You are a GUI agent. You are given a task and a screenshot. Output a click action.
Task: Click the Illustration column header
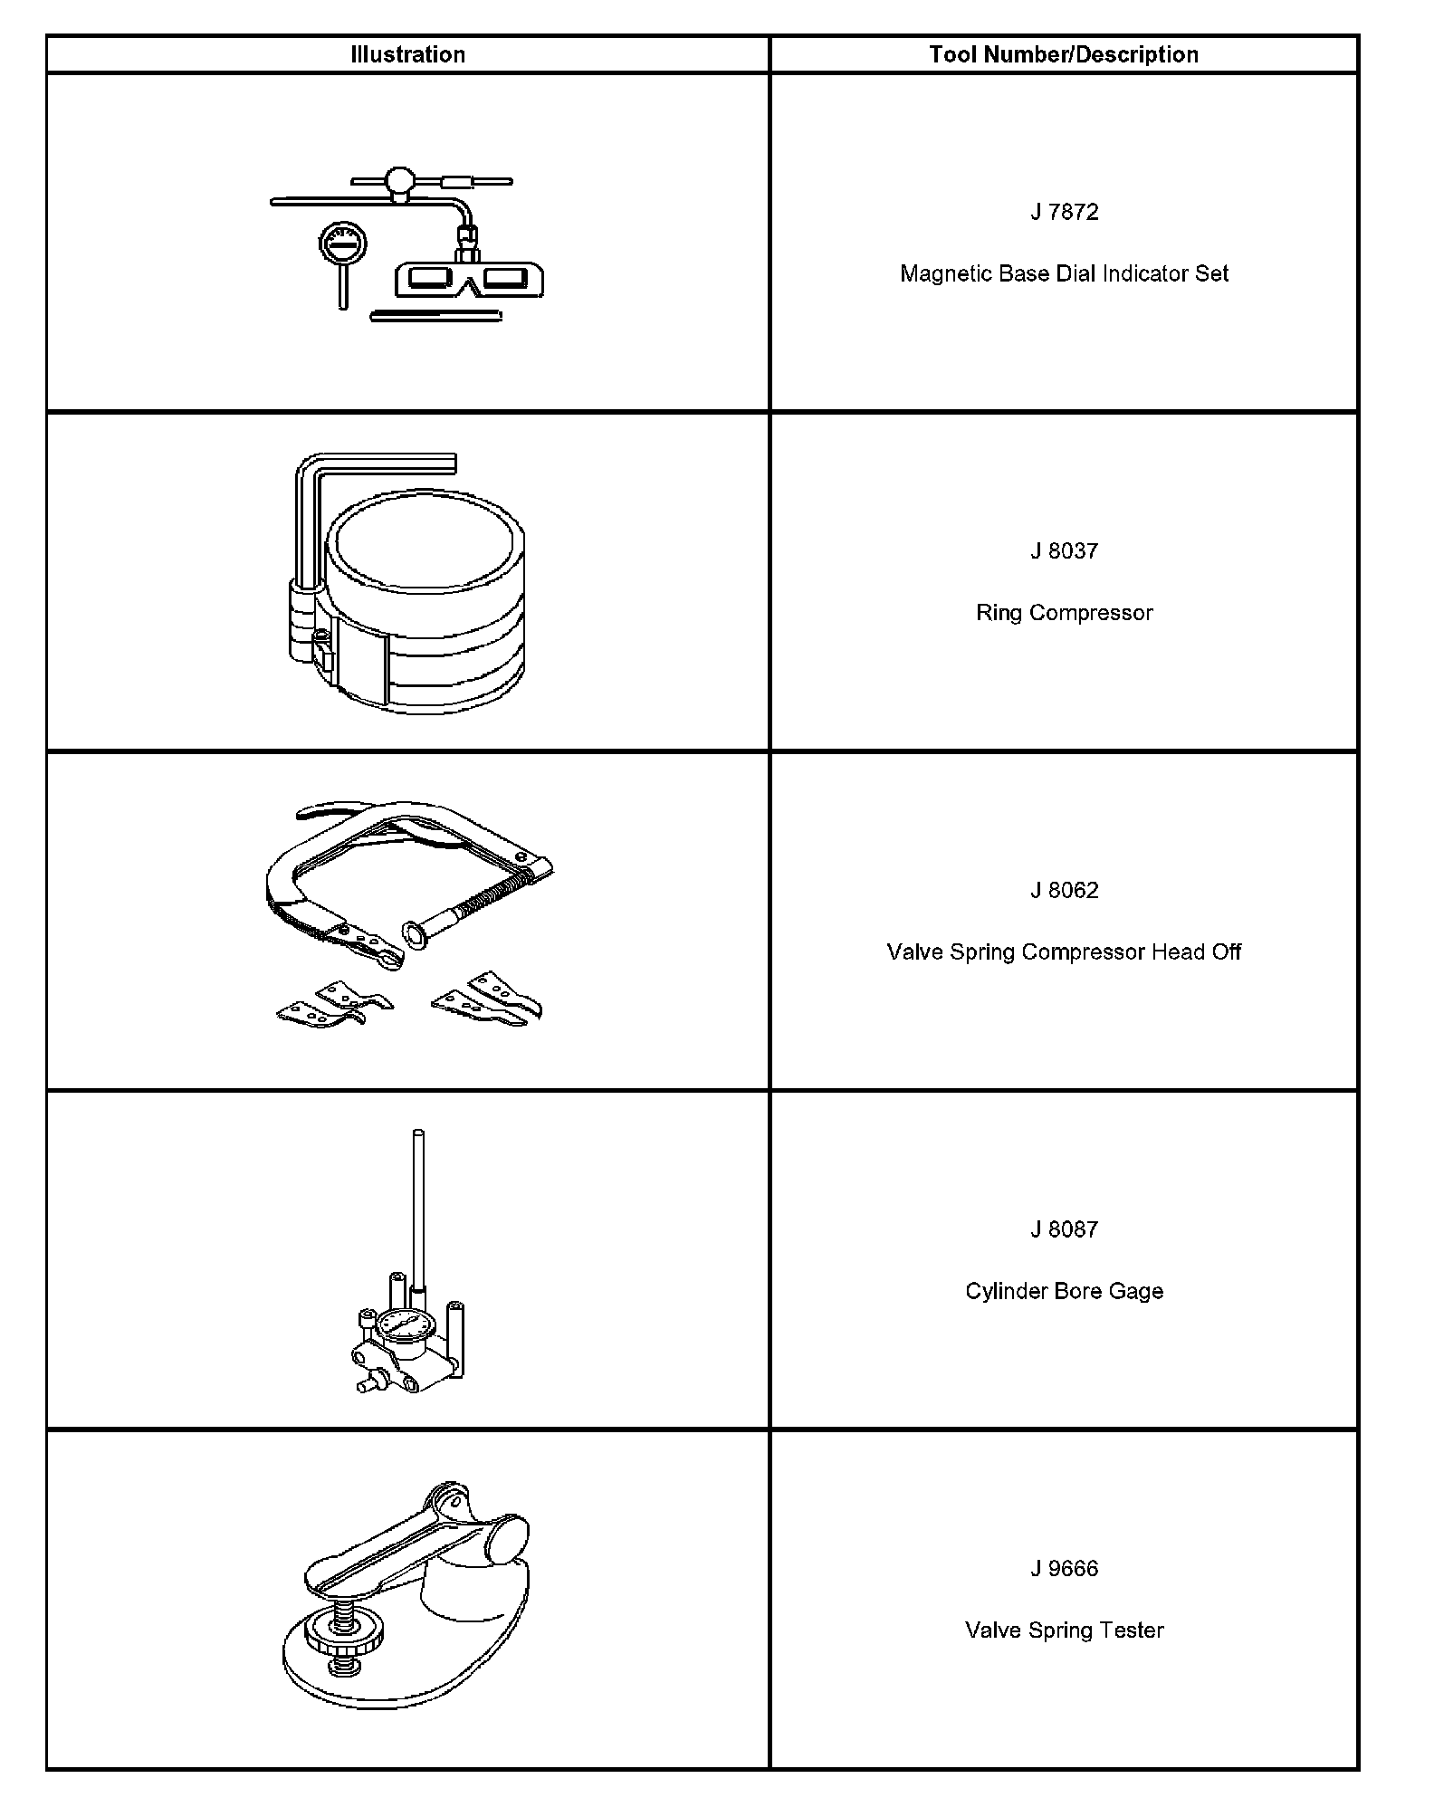coord(407,54)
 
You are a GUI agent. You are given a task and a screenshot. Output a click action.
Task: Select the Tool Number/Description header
coord(1064,54)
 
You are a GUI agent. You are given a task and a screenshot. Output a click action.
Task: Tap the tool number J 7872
coord(1064,212)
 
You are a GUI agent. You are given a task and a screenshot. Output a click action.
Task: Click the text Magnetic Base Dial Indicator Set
coord(1064,273)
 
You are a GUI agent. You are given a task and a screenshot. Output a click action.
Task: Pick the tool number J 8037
coord(1064,551)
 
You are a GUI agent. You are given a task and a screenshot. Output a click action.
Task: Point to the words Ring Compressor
coord(1064,613)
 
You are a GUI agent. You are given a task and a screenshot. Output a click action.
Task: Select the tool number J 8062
coord(1064,891)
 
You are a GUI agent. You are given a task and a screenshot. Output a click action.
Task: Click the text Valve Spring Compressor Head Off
coord(1064,952)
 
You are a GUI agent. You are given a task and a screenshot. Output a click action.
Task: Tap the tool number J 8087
coord(1064,1229)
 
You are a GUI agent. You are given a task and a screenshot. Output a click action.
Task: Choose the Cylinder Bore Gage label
coord(1064,1291)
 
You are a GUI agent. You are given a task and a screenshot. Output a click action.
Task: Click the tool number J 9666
coord(1064,1569)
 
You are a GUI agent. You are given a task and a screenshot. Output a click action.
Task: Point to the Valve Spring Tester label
coord(1064,1630)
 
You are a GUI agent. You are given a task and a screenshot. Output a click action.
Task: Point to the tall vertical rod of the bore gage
coord(417,1204)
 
